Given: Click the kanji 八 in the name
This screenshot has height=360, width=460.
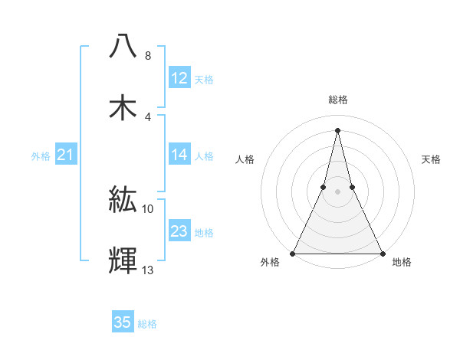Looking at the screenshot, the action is [x=123, y=46].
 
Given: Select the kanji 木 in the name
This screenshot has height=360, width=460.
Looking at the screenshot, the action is [x=123, y=106].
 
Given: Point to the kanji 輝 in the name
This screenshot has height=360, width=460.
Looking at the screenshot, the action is [x=123, y=260].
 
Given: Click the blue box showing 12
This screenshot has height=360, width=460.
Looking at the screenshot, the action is [x=179, y=78].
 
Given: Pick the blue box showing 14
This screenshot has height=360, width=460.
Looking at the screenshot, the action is [x=179, y=155].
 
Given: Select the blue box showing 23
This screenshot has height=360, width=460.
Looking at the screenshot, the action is [x=179, y=231].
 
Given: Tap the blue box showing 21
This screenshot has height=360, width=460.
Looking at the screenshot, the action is [x=66, y=155].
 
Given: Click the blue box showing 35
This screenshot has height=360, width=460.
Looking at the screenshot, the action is [x=123, y=322].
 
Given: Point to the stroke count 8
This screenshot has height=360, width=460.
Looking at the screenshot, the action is [x=147, y=56].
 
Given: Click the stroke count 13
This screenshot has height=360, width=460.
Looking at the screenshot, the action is [x=148, y=269].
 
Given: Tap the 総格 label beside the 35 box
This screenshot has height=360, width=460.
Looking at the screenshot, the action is [x=147, y=323].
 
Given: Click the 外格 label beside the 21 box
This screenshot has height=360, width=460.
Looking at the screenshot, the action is [x=41, y=156].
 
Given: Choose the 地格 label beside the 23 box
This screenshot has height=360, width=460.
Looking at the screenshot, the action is [x=204, y=232].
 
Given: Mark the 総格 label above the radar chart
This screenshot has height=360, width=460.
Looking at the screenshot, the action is [x=337, y=100].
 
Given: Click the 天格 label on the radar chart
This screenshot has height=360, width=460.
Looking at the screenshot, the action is [x=432, y=159].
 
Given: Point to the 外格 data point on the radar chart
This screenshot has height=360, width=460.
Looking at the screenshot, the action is [x=293, y=253].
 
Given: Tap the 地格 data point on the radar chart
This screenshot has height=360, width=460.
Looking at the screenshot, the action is [x=382, y=253].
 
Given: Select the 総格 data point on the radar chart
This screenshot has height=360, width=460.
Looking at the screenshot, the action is [x=337, y=129].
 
